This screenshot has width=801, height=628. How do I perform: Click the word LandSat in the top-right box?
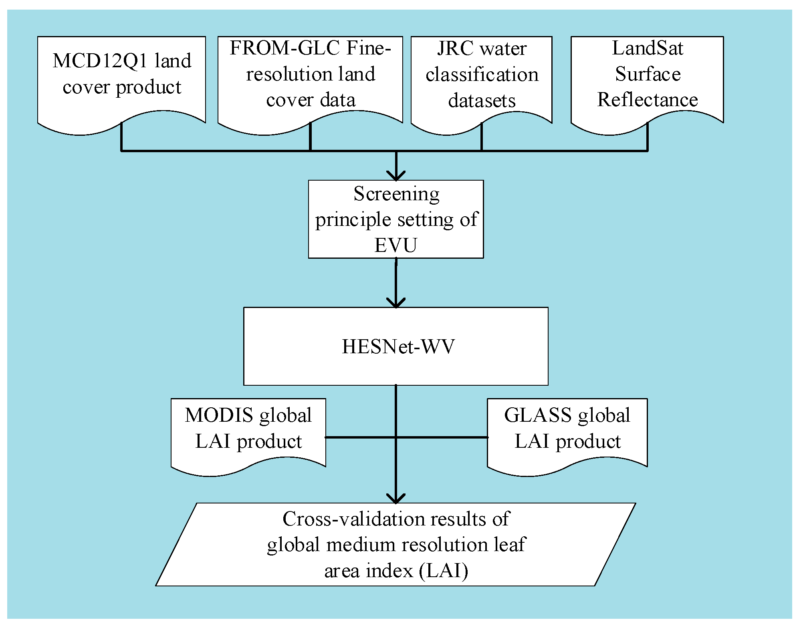(647, 48)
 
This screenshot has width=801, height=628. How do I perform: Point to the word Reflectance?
(647, 100)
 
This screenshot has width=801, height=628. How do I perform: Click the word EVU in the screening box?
(395, 246)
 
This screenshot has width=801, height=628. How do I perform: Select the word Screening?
(396, 194)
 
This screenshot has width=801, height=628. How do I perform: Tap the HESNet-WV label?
(398, 347)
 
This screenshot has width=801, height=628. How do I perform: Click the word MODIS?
(219, 415)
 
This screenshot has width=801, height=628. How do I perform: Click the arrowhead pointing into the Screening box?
(396, 176)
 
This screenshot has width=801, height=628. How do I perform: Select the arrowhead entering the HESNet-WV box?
(396, 303)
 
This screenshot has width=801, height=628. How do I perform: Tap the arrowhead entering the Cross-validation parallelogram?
(396, 499)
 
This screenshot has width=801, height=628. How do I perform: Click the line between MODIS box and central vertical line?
(361, 437)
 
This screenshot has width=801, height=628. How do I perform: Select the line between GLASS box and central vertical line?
(441, 437)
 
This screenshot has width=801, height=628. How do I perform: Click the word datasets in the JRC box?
(482, 101)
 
